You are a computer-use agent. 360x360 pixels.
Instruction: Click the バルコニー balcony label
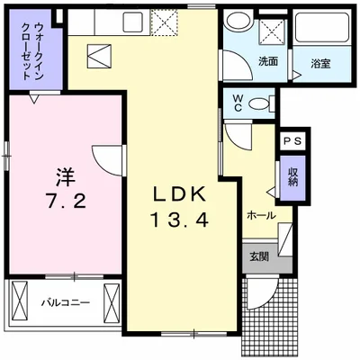tap(64, 303)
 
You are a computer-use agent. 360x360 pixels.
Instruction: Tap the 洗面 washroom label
tap(268, 63)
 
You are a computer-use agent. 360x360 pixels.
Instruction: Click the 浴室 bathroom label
tap(321, 63)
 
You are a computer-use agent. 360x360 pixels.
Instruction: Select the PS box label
tap(293, 140)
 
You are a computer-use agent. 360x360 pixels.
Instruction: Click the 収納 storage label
tap(293, 175)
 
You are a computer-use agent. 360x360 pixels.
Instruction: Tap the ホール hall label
tap(260, 215)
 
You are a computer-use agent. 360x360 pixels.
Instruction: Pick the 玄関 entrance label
tap(258, 256)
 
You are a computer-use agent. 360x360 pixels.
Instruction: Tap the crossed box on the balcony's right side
tap(112, 301)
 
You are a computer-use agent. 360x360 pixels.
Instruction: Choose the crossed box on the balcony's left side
tap(20, 302)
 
